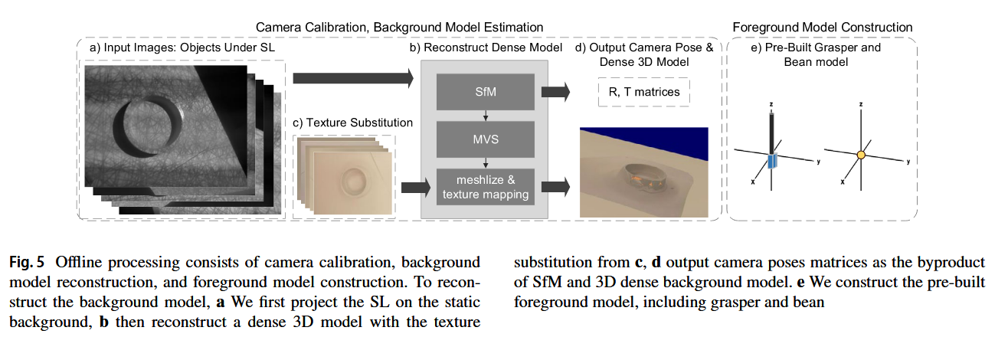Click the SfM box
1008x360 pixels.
coord(485,92)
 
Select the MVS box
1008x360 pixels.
coord(485,139)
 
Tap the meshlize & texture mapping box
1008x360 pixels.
coord(485,186)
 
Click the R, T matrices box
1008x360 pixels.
coord(643,93)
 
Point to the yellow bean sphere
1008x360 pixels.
coord(861,155)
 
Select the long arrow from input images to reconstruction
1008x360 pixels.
coord(353,77)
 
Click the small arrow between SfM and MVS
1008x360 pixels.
coord(485,116)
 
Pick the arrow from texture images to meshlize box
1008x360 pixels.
coord(414,185)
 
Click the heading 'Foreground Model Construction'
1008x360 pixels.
coord(822,28)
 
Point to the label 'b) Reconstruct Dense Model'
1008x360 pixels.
coord(486,47)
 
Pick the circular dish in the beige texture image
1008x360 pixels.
coord(354,179)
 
